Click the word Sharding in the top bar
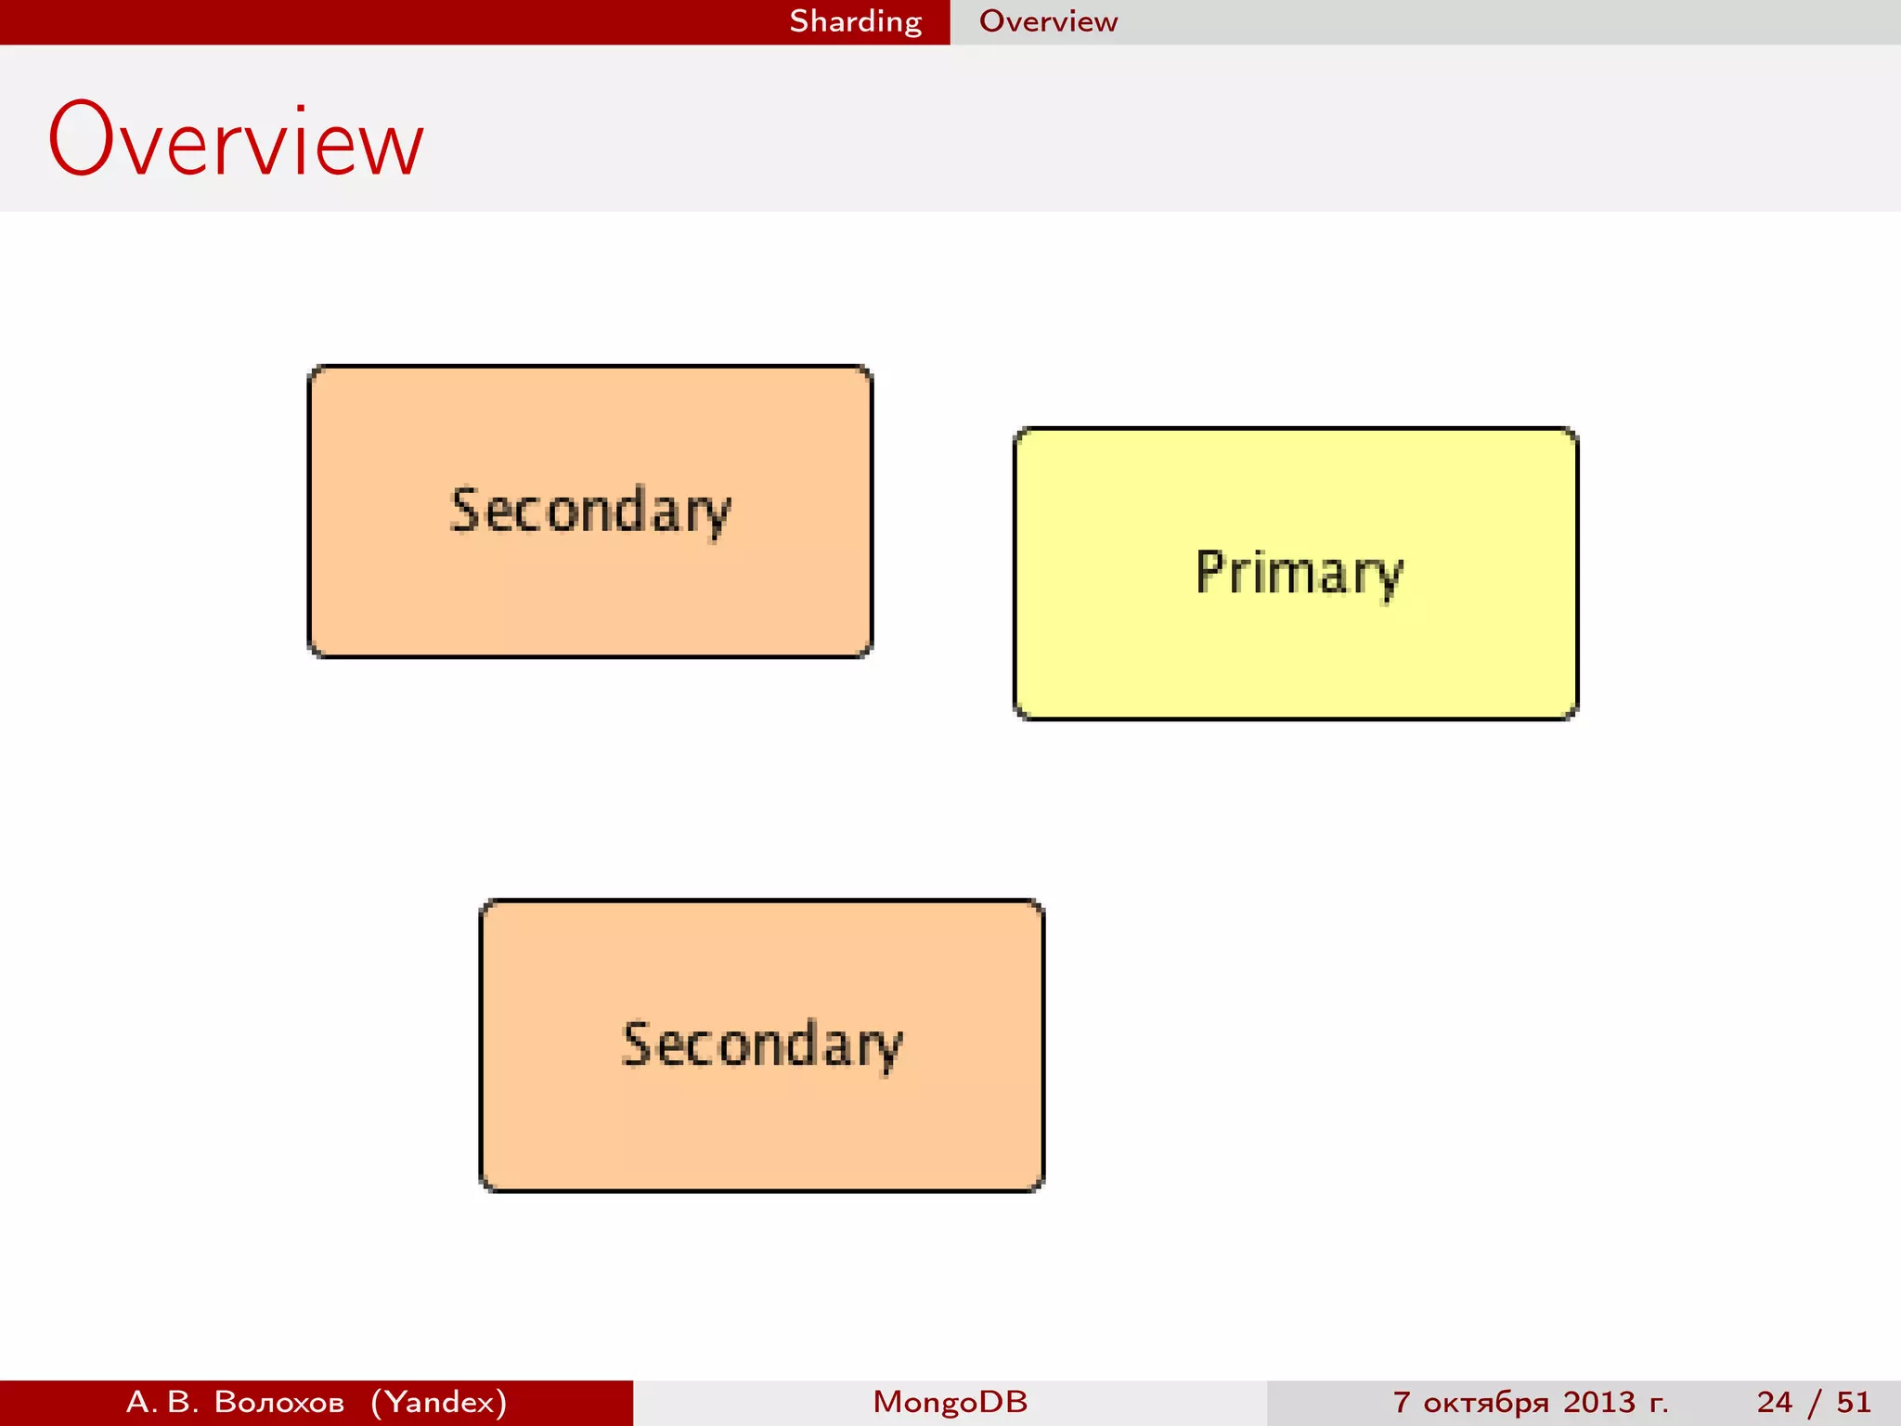click(x=855, y=21)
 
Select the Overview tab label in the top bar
click(x=1048, y=21)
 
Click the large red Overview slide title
click(x=236, y=141)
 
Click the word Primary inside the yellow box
click(x=1299, y=573)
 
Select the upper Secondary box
click(x=589, y=594)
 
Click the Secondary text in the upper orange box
click(x=590, y=512)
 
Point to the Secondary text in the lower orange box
click(x=761, y=1045)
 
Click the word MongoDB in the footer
click(x=950, y=1402)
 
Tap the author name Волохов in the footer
click(x=278, y=1402)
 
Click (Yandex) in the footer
click(x=439, y=1402)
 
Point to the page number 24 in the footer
click(x=1774, y=1402)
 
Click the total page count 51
click(x=1853, y=1402)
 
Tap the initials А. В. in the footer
click(x=162, y=1402)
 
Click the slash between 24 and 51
click(x=1814, y=1402)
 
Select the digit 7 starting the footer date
click(x=1402, y=1402)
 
